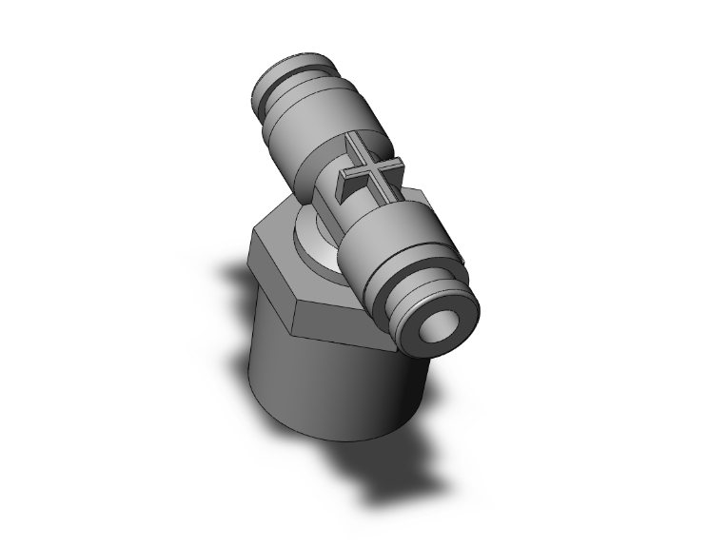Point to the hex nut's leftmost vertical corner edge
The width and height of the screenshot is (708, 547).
click(250, 266)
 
